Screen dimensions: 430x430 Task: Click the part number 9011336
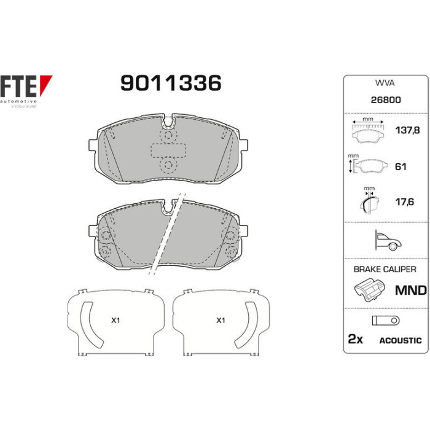(x=171, y=83)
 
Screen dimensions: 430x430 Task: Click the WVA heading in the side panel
(x=385, y=83)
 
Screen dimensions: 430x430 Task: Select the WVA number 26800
(x=386, y=100)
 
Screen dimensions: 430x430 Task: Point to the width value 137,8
(x=407, y=130)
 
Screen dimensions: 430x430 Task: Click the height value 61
(x=401, y=166)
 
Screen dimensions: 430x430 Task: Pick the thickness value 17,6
(x=404, y=202)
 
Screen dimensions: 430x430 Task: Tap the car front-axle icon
(x=388, y=240)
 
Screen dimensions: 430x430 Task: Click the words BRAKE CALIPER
(x=385, y=269)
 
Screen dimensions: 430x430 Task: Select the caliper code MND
(x=410, y=291)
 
